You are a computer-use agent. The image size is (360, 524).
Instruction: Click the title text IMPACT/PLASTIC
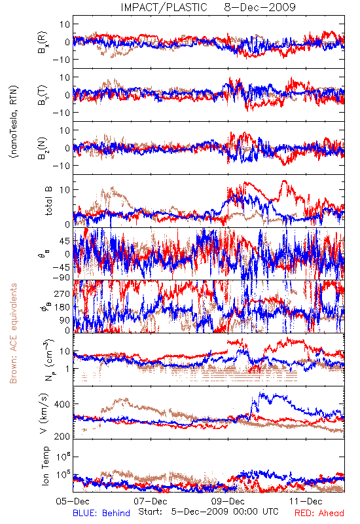(164, 7)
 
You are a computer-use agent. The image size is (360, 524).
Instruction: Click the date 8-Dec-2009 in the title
(260, 7)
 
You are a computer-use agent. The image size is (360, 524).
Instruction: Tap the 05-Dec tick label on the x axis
(73, 501)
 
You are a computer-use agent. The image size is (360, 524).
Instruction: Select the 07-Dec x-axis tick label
(151, 501)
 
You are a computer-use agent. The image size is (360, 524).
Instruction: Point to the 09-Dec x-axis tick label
(228, 501)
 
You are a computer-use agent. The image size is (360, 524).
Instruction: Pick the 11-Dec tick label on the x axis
(306, 501)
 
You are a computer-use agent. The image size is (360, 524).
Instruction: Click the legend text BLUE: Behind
(101, 513)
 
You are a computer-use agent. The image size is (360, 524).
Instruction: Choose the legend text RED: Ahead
(319, 513)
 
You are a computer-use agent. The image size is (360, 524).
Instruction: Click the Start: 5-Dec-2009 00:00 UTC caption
(208, 512)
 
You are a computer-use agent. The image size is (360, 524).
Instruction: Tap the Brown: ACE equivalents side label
(13, 333)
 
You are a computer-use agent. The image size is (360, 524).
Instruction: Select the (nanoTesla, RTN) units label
(14, 122)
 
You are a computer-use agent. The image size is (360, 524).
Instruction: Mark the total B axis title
(48, 201)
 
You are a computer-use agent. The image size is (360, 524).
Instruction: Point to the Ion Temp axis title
(45, 466)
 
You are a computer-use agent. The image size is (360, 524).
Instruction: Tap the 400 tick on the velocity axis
(62, 404)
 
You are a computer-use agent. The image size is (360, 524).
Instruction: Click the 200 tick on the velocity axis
(62, 436)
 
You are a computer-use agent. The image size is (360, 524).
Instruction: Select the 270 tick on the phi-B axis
(62, 293)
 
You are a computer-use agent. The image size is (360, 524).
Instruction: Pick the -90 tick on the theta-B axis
(61, 277)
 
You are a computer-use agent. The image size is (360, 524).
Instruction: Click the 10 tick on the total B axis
(65, 189)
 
